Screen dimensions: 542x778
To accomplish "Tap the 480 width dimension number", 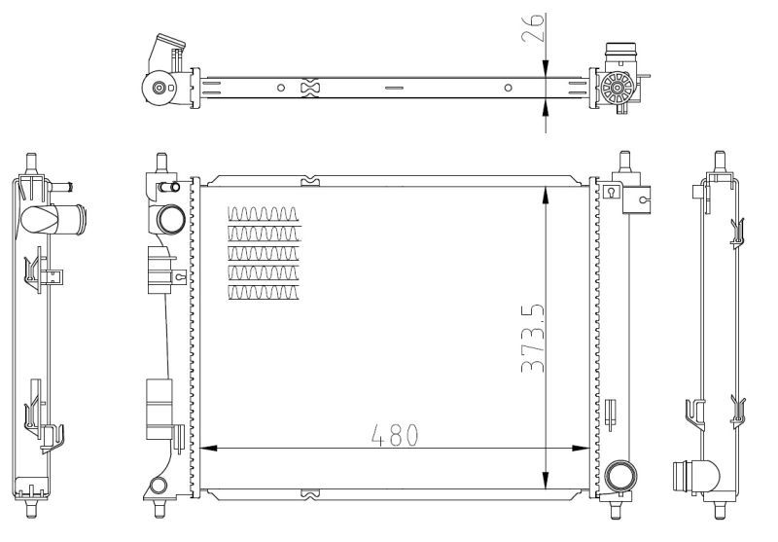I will [x=394, y=434].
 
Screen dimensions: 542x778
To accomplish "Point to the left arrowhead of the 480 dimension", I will [x=206, y=449].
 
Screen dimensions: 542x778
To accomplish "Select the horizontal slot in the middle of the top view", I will [x=393, y=89].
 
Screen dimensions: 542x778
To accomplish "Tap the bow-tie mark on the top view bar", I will [x=310, y=89].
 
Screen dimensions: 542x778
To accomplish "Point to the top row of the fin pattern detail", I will [x=263, y=214].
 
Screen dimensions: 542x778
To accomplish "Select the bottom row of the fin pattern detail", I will [x=263, y=292].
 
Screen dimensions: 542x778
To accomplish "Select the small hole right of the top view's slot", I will [x=508, y=89].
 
